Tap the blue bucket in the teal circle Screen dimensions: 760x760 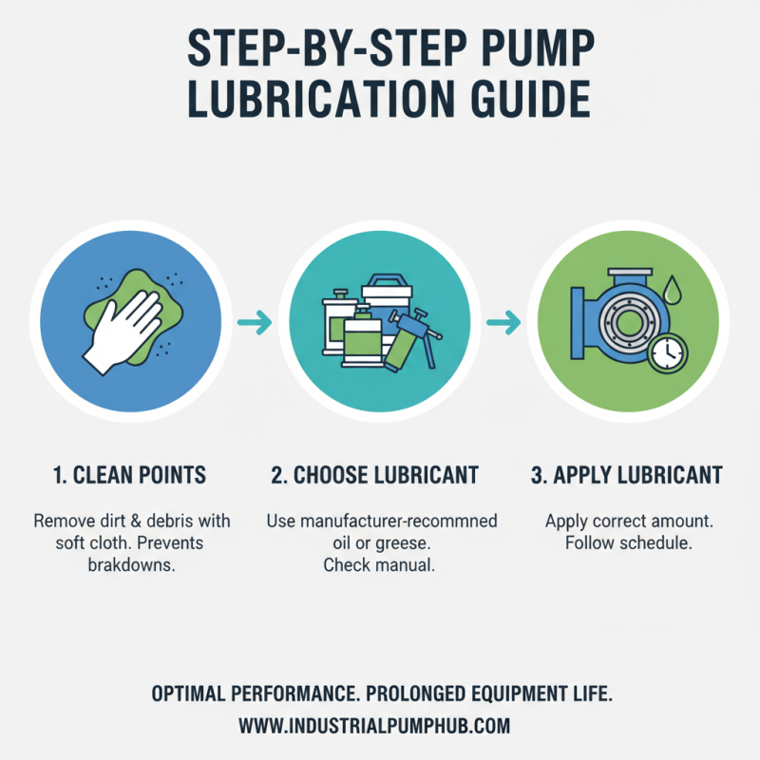click(x=385, y=294)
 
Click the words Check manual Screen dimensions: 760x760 click(x=380, y=565)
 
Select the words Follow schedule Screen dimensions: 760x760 click(x=628, y=544)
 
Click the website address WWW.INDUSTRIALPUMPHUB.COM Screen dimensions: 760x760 click(x=374, y=726)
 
